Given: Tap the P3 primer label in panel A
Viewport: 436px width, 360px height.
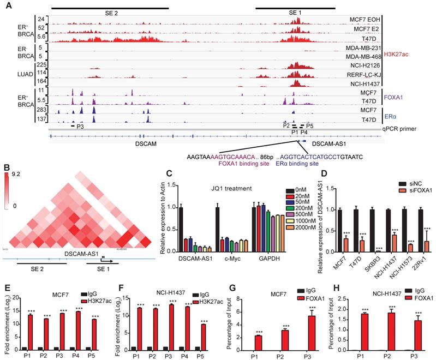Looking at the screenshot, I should click(x=80, y=126).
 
